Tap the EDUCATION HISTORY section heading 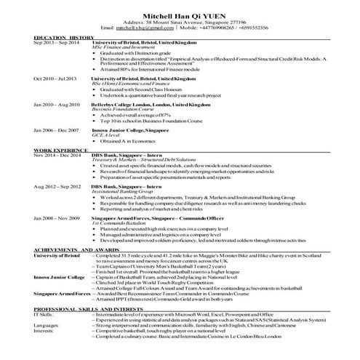click(x=64, y=37)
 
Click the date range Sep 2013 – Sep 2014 click(x=55, y=43)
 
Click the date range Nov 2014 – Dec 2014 click(x=56, y=155)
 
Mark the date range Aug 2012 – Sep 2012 click(x=56, y=186)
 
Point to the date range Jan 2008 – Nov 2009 click(x=56, y=218)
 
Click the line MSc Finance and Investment click(x=123, y=48)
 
